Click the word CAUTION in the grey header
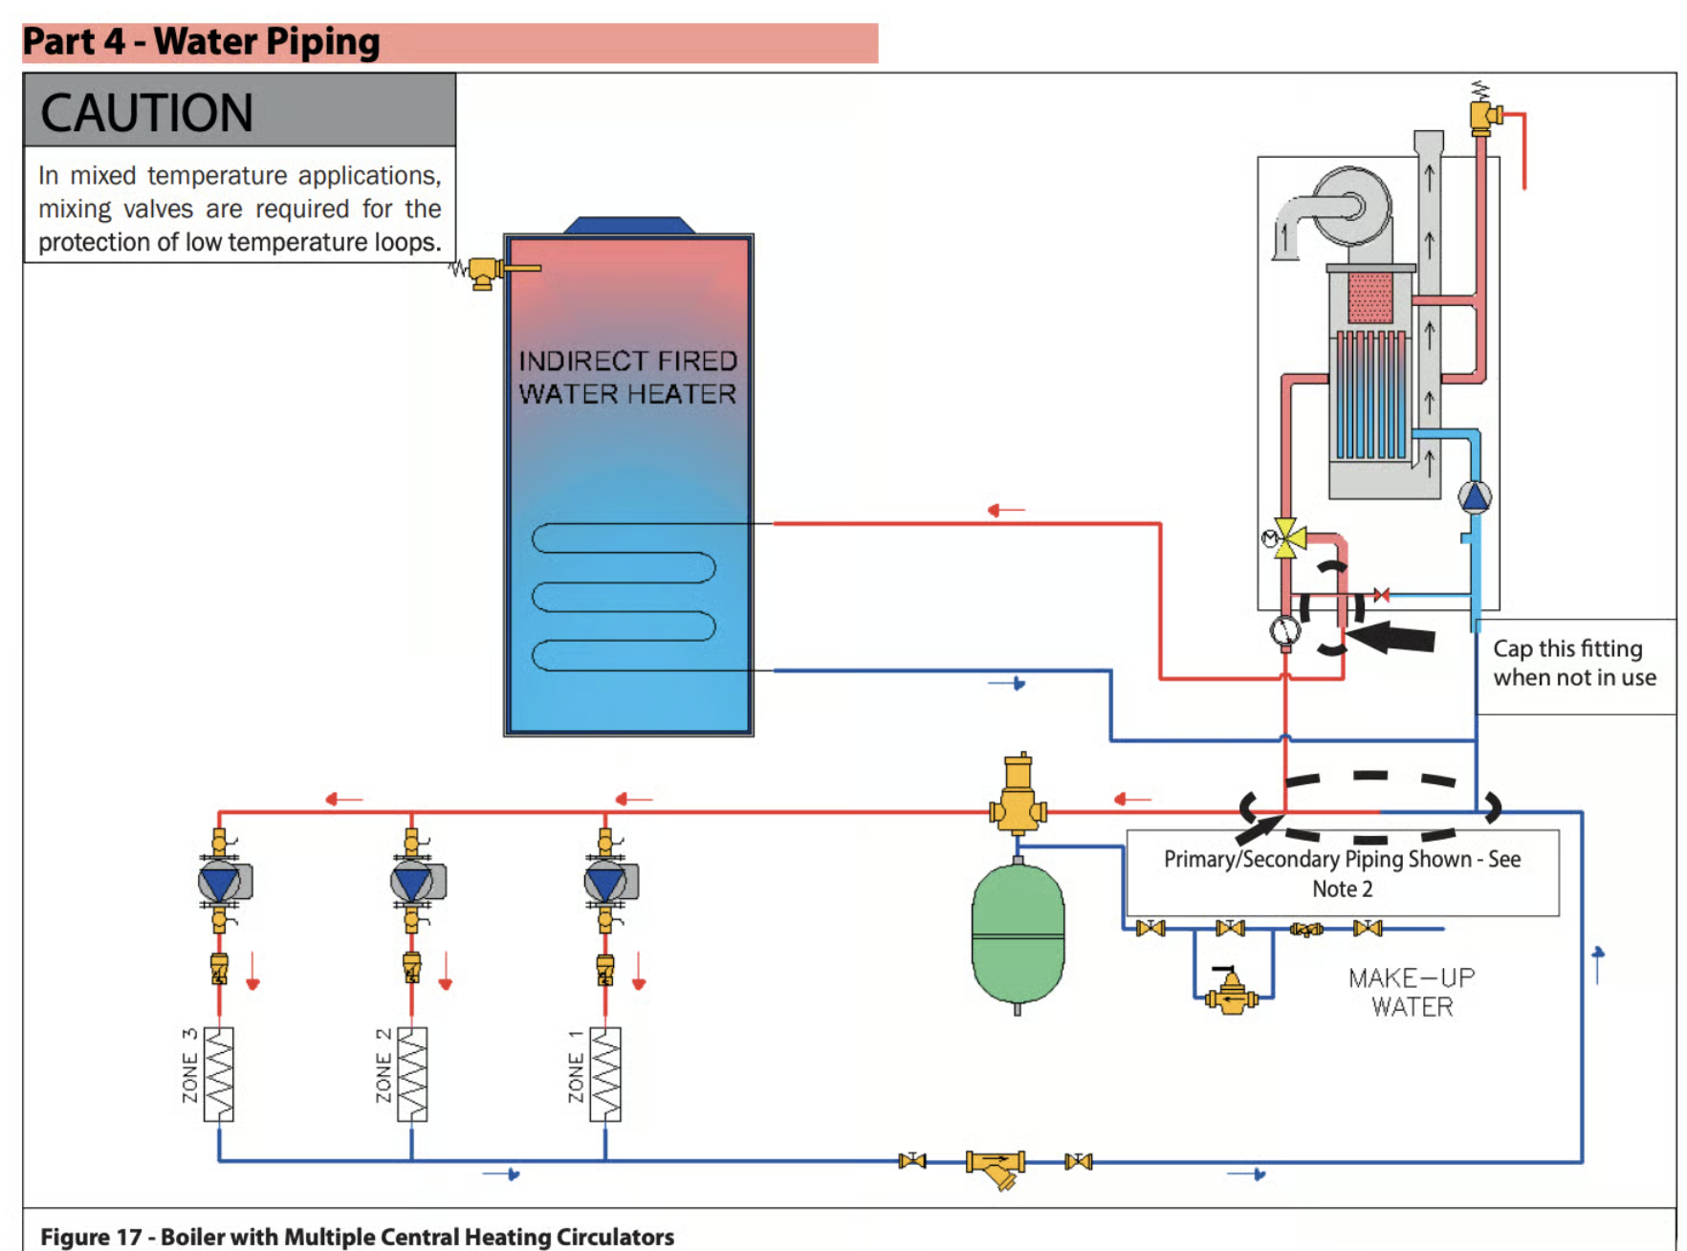point(146,113)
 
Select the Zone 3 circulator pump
point(221,882)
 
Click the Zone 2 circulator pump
point(414,882)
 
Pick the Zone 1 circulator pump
point(607,882)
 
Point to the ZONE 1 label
point(576,1067)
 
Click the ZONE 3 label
point(190,1067)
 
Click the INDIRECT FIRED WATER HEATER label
point(627,378)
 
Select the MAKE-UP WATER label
point(1412,993)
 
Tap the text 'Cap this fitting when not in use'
point(1573,663)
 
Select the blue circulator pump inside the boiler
point(1474,497)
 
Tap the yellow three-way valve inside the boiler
point(1287,538)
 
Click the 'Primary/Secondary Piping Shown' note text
point(1342,873)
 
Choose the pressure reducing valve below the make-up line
point(1232,995)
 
